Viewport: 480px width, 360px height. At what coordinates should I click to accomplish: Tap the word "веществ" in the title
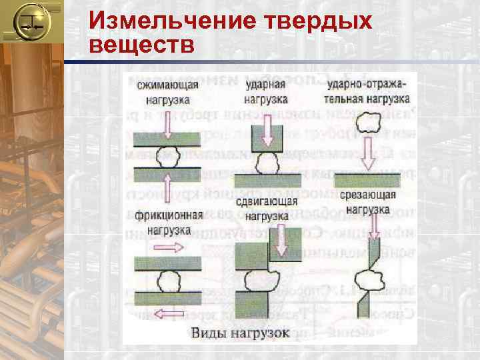point(141,45)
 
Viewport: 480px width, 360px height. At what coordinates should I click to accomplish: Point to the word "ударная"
point(265,85)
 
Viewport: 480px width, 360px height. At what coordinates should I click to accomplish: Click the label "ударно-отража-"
point(367,85)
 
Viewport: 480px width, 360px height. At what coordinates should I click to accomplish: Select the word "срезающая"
point(367,195)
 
